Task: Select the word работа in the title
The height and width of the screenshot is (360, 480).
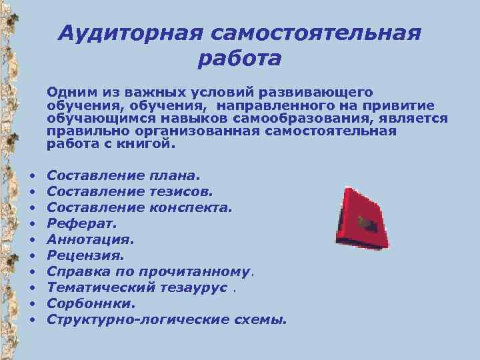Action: pyautogui.click(x=239, y=59)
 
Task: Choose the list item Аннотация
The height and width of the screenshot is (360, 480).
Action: pyautogui.click(x=91, y=239)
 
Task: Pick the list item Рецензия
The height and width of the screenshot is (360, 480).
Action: pyautogui.click(x=86, y=255)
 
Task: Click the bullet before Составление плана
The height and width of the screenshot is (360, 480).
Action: pyautogui.click(x=31, y=176)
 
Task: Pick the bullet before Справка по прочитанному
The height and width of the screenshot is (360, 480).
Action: pyautogui.click(x=31, y=272)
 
